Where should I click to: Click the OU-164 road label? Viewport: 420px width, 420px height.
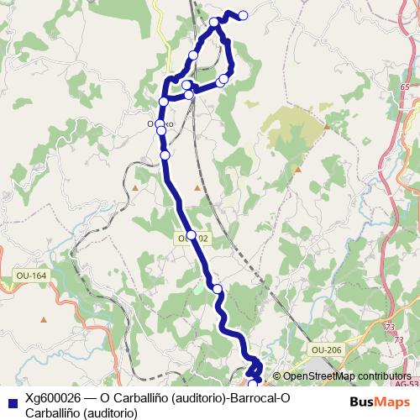tap(31, 276)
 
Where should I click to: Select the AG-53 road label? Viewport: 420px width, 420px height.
tap(407, 384)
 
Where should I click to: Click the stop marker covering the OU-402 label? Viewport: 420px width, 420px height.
tap(191, 235)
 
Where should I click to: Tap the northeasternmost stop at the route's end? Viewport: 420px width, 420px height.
tap(244, 15)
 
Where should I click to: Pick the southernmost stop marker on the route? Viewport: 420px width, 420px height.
tap(253, 384)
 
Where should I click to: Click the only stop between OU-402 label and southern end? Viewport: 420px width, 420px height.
tap(218, 289)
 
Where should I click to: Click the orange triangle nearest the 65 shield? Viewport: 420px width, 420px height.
tap(325, 126)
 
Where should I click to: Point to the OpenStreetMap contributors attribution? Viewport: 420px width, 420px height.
tap(348, 376)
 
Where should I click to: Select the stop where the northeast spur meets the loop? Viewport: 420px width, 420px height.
tap(216, 22)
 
